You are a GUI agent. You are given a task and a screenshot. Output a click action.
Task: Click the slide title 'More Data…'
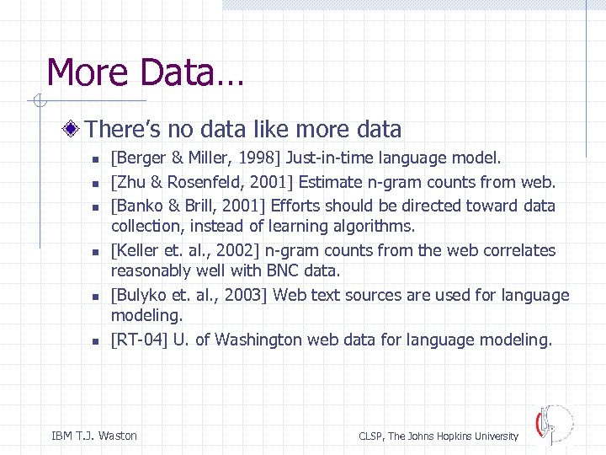click(145, 72)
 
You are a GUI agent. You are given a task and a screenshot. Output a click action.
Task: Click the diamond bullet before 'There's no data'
click(75, 129)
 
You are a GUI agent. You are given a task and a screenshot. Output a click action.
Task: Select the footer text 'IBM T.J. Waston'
click(94, 436)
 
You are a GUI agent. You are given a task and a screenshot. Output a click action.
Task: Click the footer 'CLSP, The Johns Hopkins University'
click(439, 436)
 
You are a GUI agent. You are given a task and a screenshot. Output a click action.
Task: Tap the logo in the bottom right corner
click(553, 425)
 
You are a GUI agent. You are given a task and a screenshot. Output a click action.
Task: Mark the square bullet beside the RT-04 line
click(96, 341)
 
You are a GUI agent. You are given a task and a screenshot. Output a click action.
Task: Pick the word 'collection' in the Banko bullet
click(147, 226)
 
